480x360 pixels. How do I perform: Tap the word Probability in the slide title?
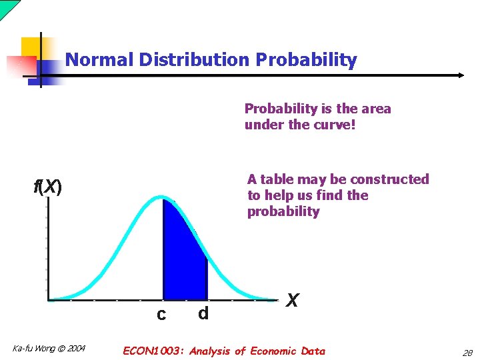click(x=307, y=60)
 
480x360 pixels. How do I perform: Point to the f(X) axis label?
click(x=48, y=187)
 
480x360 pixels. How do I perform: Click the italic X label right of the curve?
click(x=291, y=301)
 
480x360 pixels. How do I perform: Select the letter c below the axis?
click(x=161, y=314)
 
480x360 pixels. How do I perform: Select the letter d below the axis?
click(x=203, y=313)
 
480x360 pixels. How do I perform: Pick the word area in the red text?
click(x=376, y=109)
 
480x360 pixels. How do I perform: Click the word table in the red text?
click(x=277, y=179)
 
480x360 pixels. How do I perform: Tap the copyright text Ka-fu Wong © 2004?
click(x=49, y=348)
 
